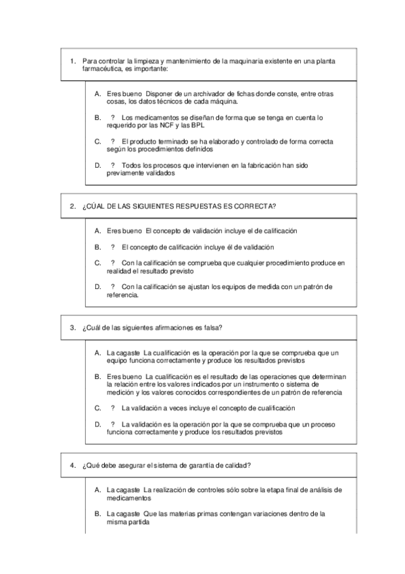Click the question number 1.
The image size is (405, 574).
72,61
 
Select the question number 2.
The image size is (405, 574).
72,206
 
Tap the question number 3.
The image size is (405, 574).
72,328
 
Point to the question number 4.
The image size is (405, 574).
72,465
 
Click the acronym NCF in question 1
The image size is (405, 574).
164,125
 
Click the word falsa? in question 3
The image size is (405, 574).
213,328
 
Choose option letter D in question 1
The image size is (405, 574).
97,165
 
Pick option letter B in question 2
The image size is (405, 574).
97,246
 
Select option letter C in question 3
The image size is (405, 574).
97,408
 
